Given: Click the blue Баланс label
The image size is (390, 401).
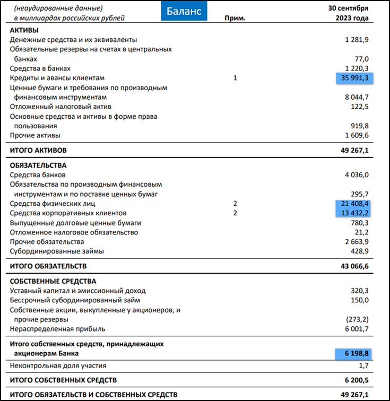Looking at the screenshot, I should (184, 11).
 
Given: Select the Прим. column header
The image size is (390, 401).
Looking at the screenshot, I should (235, 19).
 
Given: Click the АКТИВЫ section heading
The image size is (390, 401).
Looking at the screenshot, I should (24, 30).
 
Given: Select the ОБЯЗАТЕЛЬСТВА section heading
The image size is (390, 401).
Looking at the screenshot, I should (39, 165).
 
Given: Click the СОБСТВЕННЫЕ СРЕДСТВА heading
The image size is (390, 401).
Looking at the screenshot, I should (53, 281).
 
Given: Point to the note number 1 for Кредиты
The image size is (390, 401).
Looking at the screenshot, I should (235, 78).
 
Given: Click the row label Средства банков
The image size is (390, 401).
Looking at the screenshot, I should (38, 175).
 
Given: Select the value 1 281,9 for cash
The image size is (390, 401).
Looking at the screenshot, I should (357, 40).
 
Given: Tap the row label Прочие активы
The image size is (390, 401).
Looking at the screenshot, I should (35, 136).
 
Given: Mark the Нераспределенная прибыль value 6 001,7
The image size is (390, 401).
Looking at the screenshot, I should (357, 329).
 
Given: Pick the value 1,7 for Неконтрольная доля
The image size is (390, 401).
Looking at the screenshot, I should (362, 365).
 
